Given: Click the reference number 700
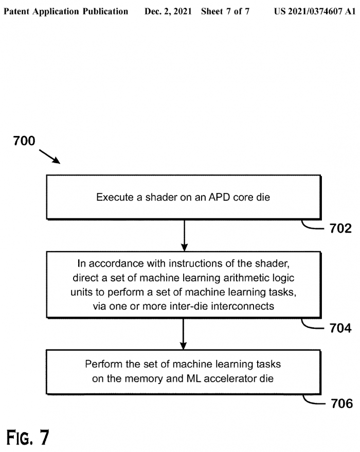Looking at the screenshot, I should pos(24,141).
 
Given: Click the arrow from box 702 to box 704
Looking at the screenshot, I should pos(183,235).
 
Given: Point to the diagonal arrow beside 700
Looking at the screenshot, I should pos(50,155).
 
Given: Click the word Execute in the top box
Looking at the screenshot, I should pos(112,197).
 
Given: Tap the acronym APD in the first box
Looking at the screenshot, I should pos(212,197).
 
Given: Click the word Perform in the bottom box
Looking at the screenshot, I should pos(102,364).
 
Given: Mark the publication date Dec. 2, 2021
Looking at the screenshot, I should pos(167,11).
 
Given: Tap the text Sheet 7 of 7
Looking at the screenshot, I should pos(225,11).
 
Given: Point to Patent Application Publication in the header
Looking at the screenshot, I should pos(66,11).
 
